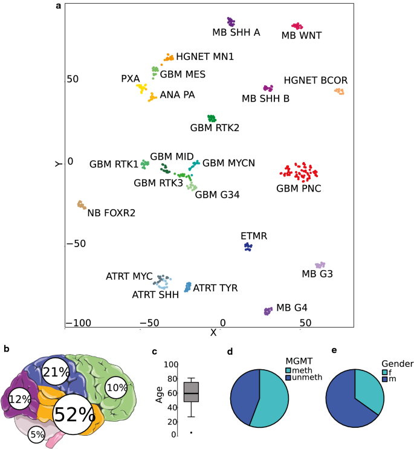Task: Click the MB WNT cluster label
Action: pos(302,36)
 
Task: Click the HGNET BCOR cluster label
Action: pos(315,80)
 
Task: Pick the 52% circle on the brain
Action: pos(75,415)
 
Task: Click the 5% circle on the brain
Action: pos(37,433)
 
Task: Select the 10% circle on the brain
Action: pos(117,387)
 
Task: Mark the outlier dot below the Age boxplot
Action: pos(191,433)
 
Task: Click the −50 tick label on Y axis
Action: pos(73,244)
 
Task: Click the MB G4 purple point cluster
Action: pos(268,311)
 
